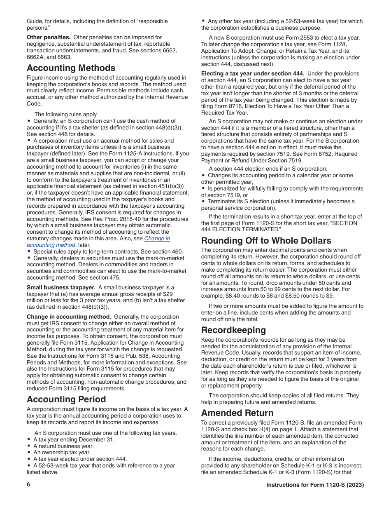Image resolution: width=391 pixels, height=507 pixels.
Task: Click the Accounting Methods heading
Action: tap(71, 68)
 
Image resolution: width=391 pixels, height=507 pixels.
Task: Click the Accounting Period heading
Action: tap(66, 399)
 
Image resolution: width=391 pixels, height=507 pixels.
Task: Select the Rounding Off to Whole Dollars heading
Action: tap(266, 241)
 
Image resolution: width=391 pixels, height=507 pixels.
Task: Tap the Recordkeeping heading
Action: tap(233, 330)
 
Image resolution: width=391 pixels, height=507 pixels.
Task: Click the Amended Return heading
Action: tap(237, 413)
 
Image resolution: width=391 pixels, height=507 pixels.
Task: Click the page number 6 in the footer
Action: tap(29, 485)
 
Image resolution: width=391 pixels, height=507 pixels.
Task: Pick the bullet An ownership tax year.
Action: tap(62, 453)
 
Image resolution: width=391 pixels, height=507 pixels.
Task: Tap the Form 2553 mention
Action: tap(280, 38)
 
